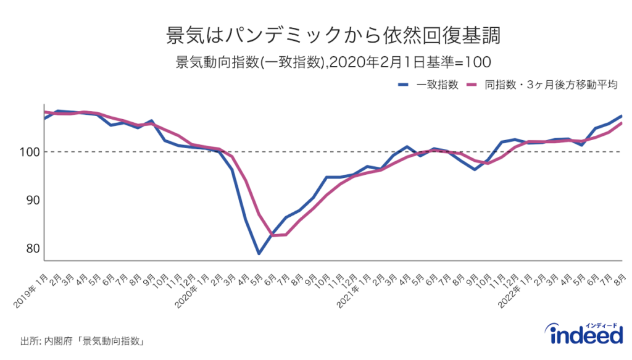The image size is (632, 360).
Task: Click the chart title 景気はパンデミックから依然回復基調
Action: [315, 35]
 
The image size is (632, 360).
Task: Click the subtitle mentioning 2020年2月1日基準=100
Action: [315, 62]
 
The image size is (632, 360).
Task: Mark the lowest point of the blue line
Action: [259, 254]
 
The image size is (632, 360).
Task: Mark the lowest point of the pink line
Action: [273, 235]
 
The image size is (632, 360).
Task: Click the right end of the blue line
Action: [622, 116]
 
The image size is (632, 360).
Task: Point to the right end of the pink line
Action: [622, 123]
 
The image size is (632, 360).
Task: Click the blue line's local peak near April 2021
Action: [407, 147]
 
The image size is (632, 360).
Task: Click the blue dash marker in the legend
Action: [404, 85]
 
